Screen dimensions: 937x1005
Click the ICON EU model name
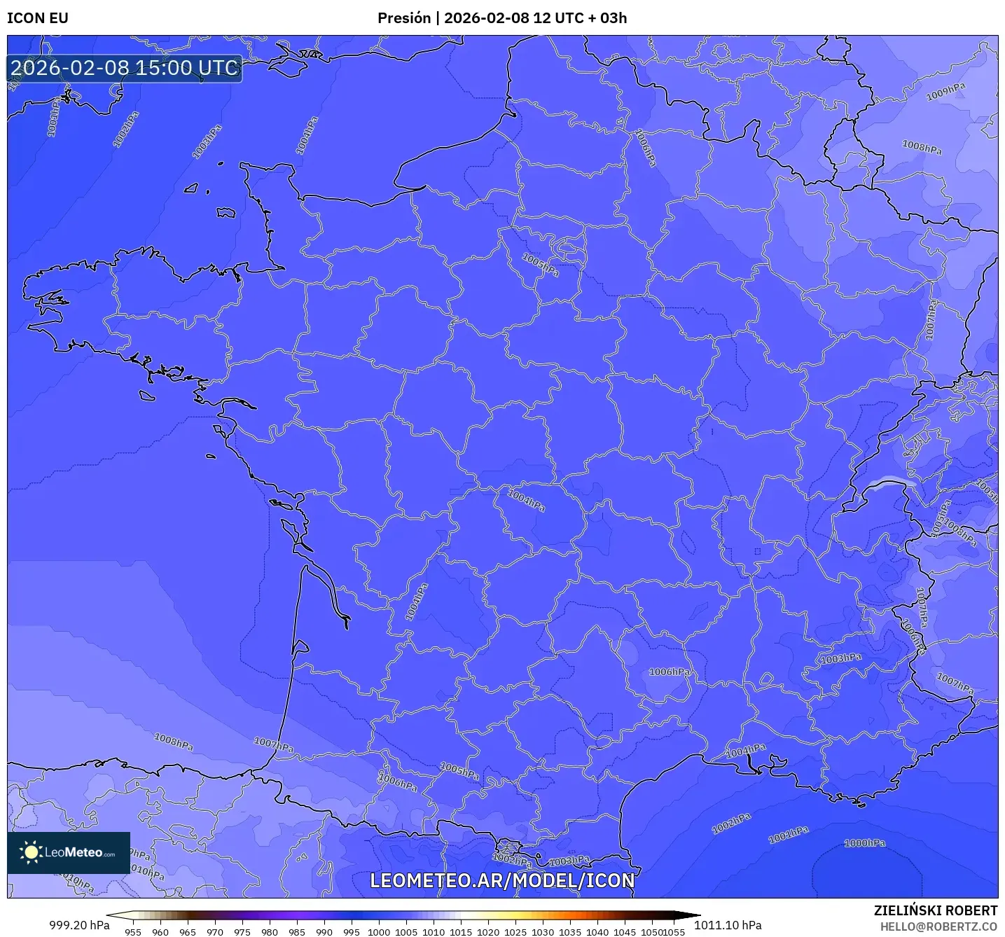(38, 18)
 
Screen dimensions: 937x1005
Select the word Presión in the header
(404, 18)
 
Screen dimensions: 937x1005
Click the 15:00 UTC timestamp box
(125, 68)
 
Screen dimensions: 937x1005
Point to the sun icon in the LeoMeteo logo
(31, 852)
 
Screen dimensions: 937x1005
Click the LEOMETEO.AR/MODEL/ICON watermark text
(502, 880)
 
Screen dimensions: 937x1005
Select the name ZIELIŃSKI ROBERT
(936, 910)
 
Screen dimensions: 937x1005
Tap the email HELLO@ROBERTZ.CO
(938, 926)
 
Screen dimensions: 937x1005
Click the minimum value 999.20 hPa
(79, 925)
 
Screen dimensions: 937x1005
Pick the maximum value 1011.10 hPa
(728, 925)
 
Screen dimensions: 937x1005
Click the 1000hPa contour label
(864, 843)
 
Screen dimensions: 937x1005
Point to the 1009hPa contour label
(945, 92)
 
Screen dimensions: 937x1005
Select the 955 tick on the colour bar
(133, 932)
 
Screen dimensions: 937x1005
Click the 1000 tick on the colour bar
(379, 932)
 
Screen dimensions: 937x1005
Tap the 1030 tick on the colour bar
(543, 932)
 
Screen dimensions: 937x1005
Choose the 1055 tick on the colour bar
(674, 932)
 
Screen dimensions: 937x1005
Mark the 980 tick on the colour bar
(270, 932)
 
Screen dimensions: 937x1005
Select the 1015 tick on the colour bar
(461, 932)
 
